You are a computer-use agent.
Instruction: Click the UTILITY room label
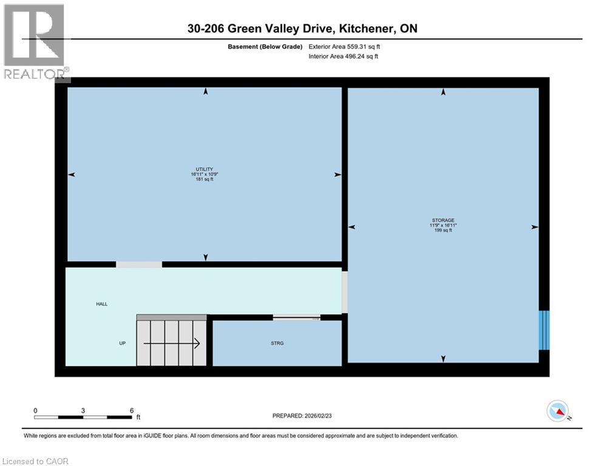pos(204,169)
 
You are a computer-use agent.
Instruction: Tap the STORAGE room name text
pos(443,220)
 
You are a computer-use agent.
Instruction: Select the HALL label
pos(101,304)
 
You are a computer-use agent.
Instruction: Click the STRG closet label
pos(277,343)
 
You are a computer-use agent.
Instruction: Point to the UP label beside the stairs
pos(122,343)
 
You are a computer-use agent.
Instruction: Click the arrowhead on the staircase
pos(197,344)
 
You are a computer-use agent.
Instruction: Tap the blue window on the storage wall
pos(545,330)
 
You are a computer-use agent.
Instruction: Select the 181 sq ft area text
pos(204,180)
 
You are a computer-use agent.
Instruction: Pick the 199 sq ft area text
pos(443,231)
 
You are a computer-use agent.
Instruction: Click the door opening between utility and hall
pos(139,265)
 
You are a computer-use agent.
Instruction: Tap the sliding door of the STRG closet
pos(297,317)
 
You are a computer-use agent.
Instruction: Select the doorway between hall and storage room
pos(345,292)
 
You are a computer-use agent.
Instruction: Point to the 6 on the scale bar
pos(132,411)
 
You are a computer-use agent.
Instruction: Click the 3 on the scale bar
pos(83,411)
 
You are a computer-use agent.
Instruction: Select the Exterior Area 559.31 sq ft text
pos(344,46)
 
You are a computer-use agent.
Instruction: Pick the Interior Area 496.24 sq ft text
pos(344,56)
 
